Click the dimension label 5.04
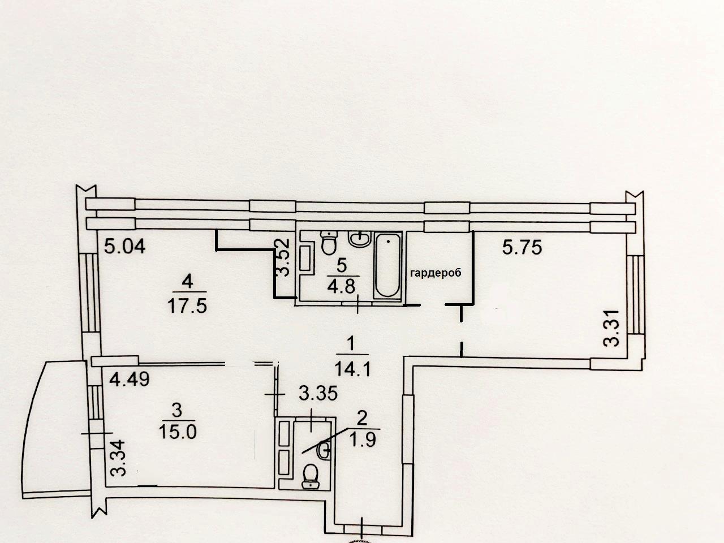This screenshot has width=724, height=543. coord(124,246)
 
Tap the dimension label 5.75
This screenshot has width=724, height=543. coord(522,247)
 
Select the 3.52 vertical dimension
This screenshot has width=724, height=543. coord(283,257)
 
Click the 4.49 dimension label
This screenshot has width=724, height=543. coord(130,380)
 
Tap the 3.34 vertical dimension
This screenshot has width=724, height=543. coord(118,458)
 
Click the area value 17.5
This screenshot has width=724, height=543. coord(187,305)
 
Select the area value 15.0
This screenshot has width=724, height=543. coord(178,432)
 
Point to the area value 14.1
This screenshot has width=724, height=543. coord(352,368)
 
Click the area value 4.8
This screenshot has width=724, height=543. coord(341,286)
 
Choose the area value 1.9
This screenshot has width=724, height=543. coord(363,439)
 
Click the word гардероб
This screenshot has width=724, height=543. coord(436,273)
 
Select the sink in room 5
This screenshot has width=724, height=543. coord(360,238)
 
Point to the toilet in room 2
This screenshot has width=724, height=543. coord(311,476)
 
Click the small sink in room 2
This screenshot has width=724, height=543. coord(323,450)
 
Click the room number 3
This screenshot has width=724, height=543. coord(177,410)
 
